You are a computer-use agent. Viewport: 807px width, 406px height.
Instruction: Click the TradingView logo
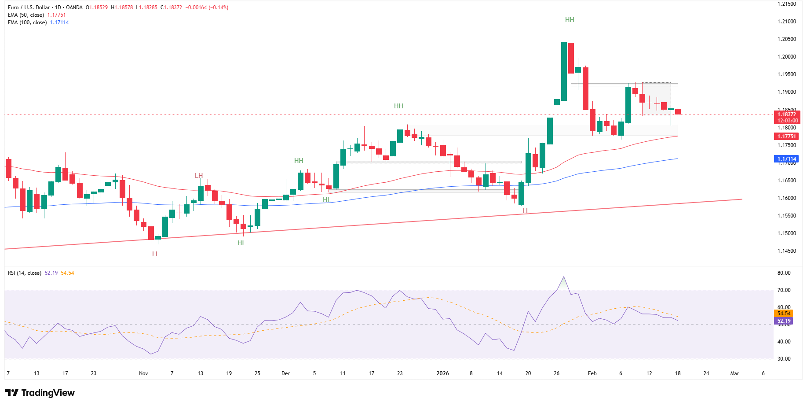coord(40,393)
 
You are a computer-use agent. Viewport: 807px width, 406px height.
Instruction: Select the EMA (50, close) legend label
coord(26,15)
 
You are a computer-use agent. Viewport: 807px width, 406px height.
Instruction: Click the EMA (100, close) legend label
coord(27,22)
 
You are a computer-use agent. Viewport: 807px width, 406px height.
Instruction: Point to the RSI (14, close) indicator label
coord(25,273)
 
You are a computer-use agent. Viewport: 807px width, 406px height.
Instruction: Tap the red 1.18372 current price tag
coord(787,114)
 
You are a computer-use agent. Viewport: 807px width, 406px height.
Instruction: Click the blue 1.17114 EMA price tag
coord(786,159)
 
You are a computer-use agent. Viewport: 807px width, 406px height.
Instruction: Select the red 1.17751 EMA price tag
coord(786,137)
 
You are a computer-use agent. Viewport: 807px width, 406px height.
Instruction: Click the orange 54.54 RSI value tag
coord(784,314)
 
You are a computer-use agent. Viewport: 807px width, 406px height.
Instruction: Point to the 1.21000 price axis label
coord(787,22)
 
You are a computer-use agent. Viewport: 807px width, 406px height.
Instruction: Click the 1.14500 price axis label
coord(787,251)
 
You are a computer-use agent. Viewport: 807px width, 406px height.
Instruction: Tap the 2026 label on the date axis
coord(442,373)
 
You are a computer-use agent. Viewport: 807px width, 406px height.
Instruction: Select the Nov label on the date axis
coord(143,373)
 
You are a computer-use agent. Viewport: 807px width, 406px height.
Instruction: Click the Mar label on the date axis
coord(734,373)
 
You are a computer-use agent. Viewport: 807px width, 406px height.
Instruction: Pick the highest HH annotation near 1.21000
coord(570,20)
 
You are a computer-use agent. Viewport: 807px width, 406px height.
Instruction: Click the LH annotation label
coord(199,176)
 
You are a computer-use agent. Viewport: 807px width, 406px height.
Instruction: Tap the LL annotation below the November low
coord(156,254)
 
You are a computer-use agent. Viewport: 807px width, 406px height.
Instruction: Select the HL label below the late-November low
coord(241,243)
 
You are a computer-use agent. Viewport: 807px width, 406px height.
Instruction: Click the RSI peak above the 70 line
coord(564,277)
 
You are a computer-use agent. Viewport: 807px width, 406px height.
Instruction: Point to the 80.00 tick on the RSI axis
coord(784,273)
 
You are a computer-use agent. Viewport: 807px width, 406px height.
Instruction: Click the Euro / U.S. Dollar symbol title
coord(29,7)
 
